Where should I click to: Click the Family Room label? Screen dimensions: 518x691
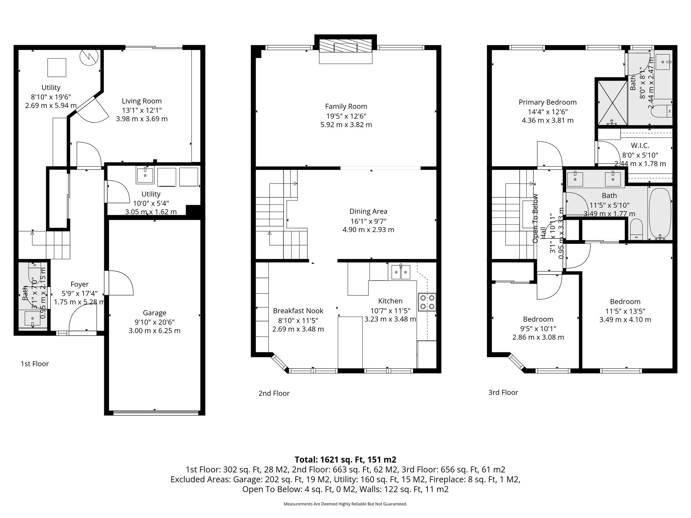coord(346,107)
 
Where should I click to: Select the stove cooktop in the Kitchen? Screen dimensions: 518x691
coord(427,302)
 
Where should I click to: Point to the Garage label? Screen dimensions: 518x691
coord(155,313)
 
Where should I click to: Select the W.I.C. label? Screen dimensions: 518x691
coord(640,146)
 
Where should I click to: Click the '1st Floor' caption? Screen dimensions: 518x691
coord(35,364)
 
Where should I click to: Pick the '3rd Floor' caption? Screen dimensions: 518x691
coord(503,393)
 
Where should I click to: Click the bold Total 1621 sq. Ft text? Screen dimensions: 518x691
coord(345,460)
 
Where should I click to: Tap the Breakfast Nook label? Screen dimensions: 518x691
coord(298,311)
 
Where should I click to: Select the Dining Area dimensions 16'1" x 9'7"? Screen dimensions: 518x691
coord(368,221)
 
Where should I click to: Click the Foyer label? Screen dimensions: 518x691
coord(79,284)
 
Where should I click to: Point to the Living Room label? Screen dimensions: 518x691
coord(142,101)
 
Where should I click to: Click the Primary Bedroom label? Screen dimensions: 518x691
coord(547,102)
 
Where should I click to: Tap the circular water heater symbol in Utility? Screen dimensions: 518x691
coord(89,57)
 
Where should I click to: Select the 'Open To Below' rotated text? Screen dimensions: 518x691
coord(535,219)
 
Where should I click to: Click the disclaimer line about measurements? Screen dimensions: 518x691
coord(345,504)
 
